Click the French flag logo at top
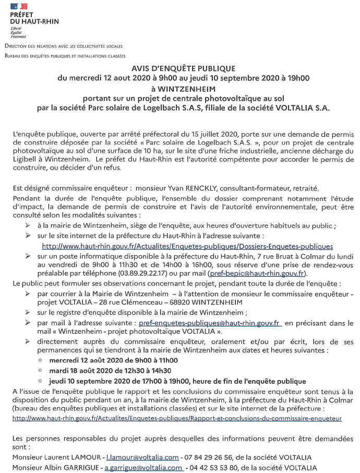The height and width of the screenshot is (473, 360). click(18, 6)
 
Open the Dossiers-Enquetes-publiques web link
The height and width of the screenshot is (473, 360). click(187, 246)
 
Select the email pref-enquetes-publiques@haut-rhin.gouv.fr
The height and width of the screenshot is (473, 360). click(210, 323)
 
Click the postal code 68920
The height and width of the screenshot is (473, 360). click(190, 302)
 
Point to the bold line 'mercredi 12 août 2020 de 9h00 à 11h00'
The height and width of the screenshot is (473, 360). click(113, 360)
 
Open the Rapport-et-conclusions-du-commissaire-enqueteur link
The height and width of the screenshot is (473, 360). click(177, 418)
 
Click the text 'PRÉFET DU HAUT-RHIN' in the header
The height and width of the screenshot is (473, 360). click(34, 18)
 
